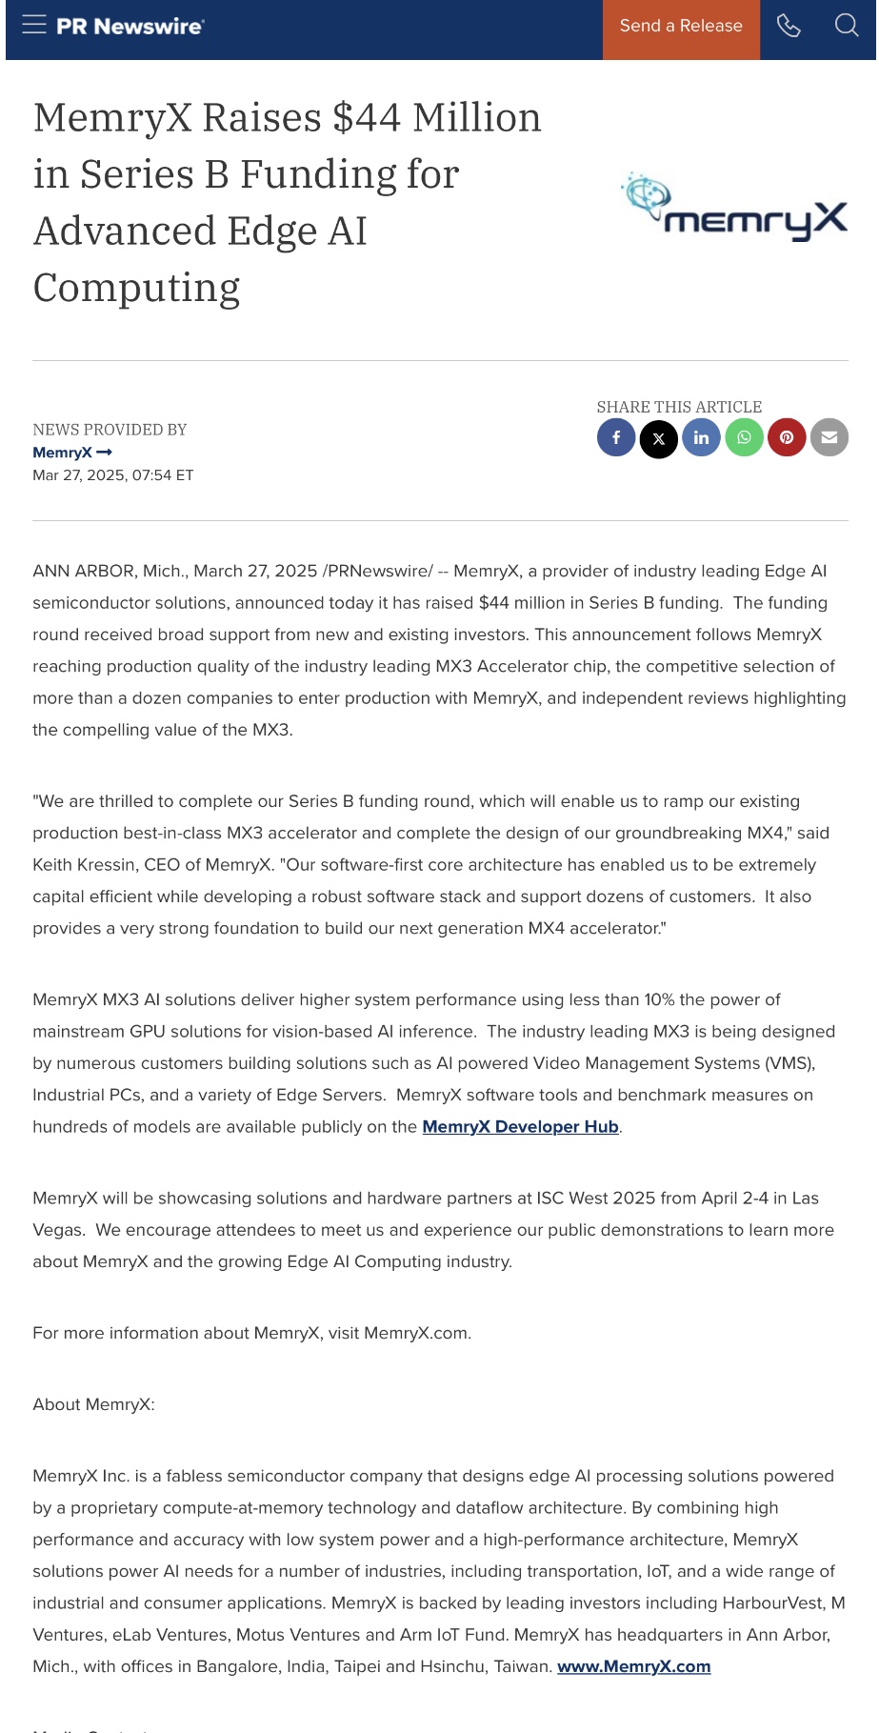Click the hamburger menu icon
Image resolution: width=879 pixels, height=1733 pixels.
pos(34,25)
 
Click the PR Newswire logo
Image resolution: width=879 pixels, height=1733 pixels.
pos(130,27)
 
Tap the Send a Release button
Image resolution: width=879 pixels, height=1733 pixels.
pos(681,27)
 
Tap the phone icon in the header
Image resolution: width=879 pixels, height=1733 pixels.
pos(789,26)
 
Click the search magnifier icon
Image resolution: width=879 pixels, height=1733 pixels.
pos(847,26)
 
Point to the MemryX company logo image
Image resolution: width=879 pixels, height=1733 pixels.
pos(734,207)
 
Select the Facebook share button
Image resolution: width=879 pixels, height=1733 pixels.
pos(616,438)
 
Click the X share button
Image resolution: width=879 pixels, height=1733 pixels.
pos(659,439)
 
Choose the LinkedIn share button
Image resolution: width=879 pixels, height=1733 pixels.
pos(701,438)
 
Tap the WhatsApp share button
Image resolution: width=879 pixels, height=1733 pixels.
pos(744,438)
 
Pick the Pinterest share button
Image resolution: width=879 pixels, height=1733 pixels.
pos(787,438)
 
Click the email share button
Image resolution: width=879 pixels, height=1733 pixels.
pos(829,438)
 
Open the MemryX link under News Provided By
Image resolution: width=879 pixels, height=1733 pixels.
pos(71,453)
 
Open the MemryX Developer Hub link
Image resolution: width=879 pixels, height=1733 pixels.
pos(520,1127)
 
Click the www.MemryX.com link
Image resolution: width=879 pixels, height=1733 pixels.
pos(633,1666)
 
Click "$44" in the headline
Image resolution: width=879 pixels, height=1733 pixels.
pos(367,118)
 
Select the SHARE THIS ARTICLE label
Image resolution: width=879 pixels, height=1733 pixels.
pos(679,407)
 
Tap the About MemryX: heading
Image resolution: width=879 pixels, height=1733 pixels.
pos(93,1404)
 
